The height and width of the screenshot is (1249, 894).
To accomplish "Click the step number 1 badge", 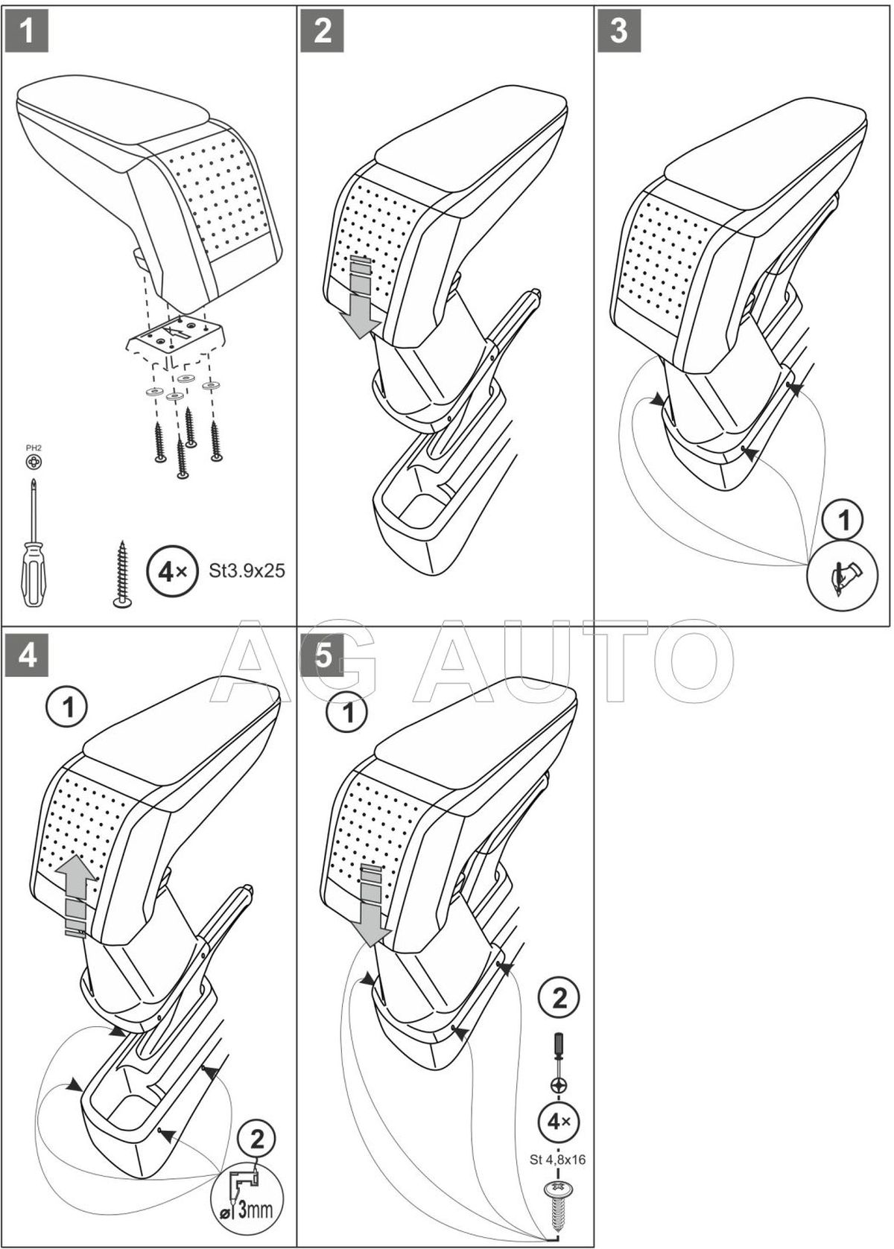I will pyautogui.click(x=28, y=31).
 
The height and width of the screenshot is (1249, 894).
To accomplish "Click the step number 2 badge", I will pyautogui.click(x=323, y=31).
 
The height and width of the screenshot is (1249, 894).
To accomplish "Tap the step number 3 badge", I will pyautogui.click(x=619, y=31).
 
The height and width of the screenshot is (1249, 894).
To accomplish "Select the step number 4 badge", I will pyautogui.click(x=28, y=655).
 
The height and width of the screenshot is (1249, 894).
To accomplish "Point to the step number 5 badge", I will pyautogui.click(x=323, y=655).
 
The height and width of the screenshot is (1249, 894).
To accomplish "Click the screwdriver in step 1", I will pyautogui.click(x=34, y=551).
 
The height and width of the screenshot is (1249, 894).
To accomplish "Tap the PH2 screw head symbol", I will pyautogui.click(x=34, y=463).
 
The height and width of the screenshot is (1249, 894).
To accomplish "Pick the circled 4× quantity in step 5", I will pyautogui.click(x=559, y=1121).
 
